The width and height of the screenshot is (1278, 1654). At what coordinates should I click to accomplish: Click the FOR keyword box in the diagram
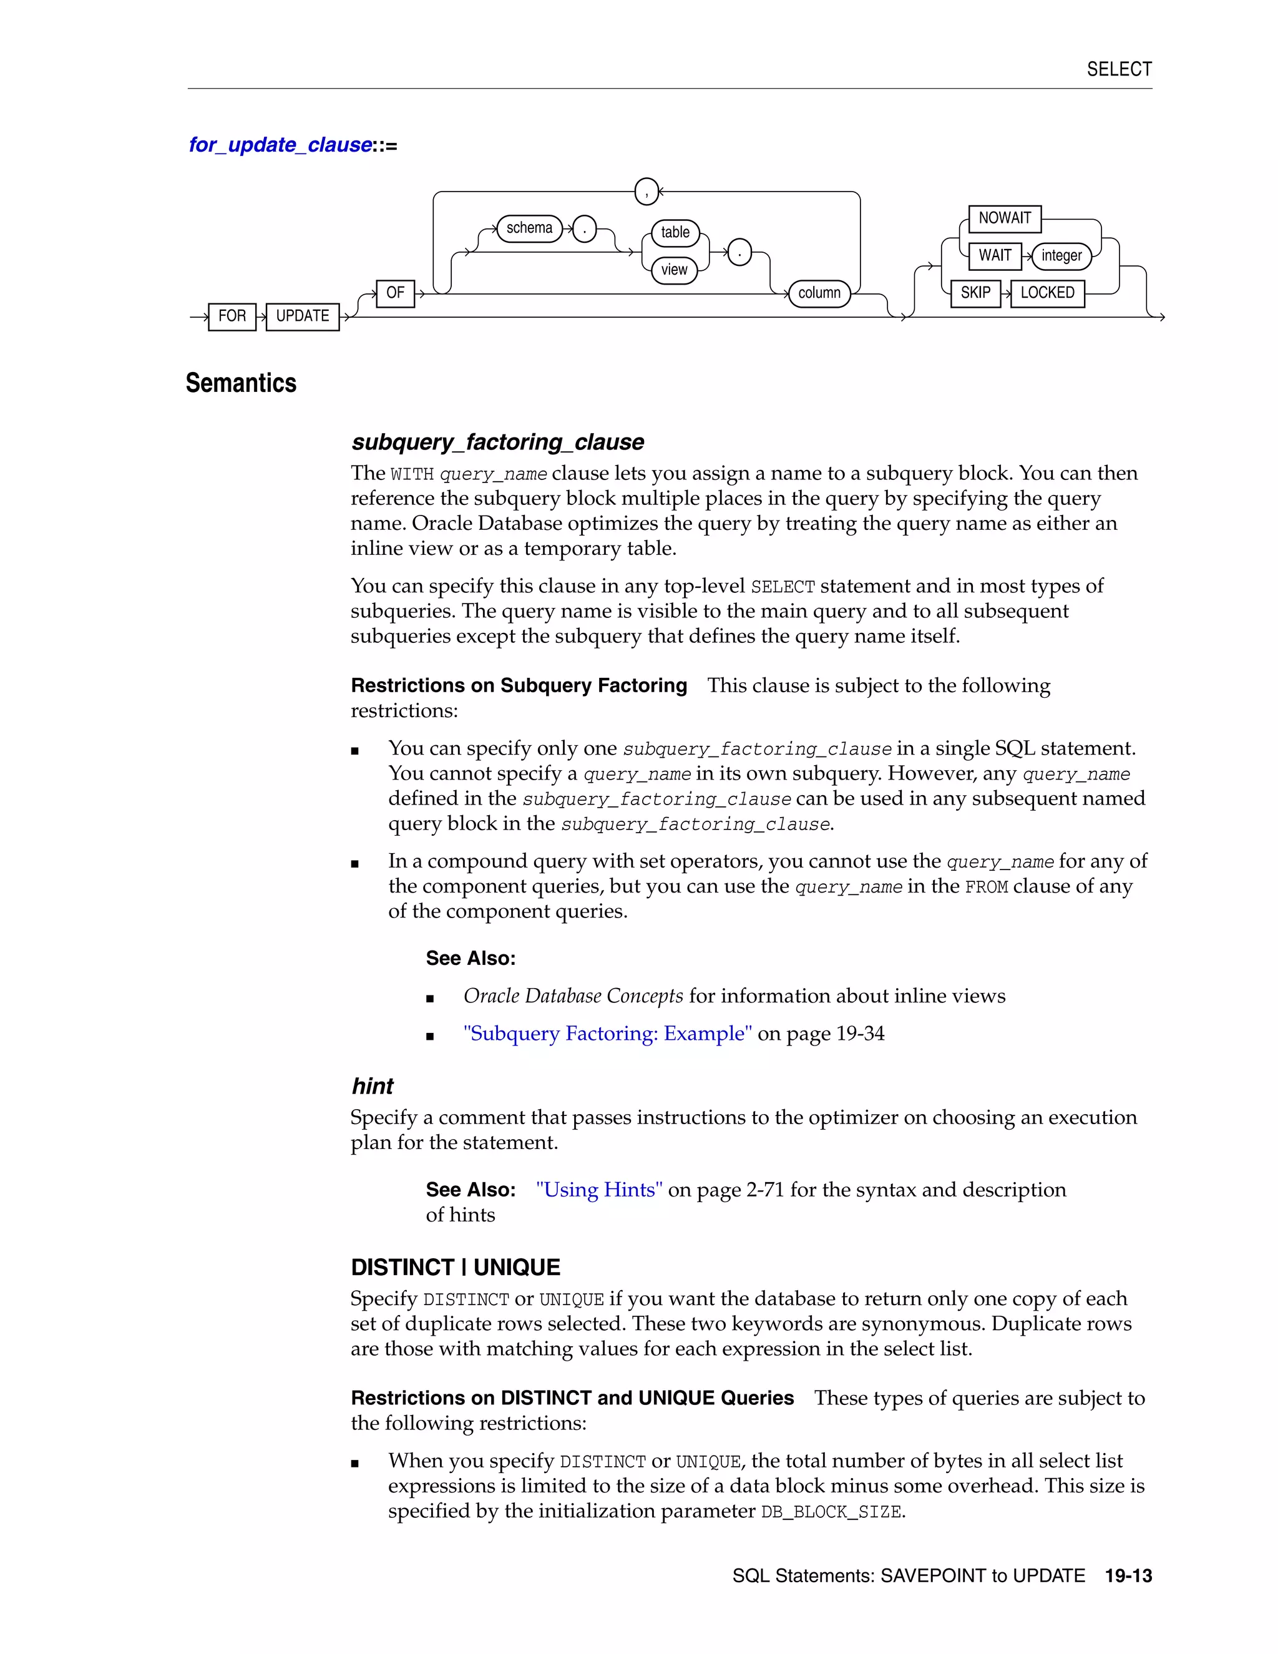(232, 316)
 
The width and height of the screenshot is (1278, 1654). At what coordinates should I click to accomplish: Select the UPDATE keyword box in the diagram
(302, 316)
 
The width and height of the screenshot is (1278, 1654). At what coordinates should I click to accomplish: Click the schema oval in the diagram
(529, 228)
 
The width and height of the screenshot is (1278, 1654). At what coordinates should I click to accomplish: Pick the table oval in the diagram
(675, 233)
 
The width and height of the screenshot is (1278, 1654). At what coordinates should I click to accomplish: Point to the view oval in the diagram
(674, 270)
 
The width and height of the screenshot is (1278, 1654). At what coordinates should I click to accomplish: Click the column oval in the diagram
(819, 293)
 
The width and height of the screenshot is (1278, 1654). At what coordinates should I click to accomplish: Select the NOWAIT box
(1005, 218)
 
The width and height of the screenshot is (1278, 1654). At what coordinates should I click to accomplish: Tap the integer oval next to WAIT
(1061, 256)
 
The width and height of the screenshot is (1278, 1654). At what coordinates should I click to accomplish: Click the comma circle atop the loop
(646, 192)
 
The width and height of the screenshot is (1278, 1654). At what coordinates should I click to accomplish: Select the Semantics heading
(241, 383)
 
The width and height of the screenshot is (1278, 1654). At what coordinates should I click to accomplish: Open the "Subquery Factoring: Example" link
(607, 1034)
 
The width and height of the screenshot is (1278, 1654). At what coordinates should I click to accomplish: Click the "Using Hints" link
(599, 1190)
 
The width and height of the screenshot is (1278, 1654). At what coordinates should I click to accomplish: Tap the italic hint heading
(373, 1086)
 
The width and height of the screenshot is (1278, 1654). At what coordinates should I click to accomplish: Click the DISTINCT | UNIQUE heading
(455, 1268)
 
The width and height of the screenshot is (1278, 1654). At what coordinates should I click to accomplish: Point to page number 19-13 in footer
(1128, 1576)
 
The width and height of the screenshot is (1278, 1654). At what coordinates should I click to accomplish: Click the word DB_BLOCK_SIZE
(831, 1512)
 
